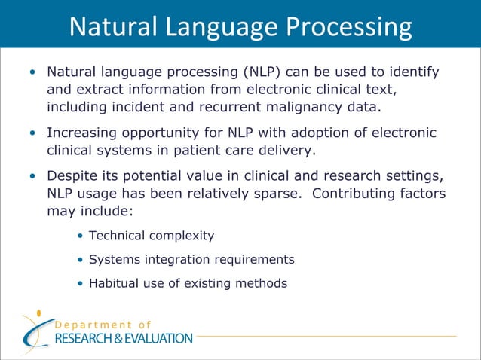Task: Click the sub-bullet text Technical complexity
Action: click(151, 236)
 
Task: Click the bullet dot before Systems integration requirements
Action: click(81, 260)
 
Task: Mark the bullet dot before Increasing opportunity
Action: click(32, 133)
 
